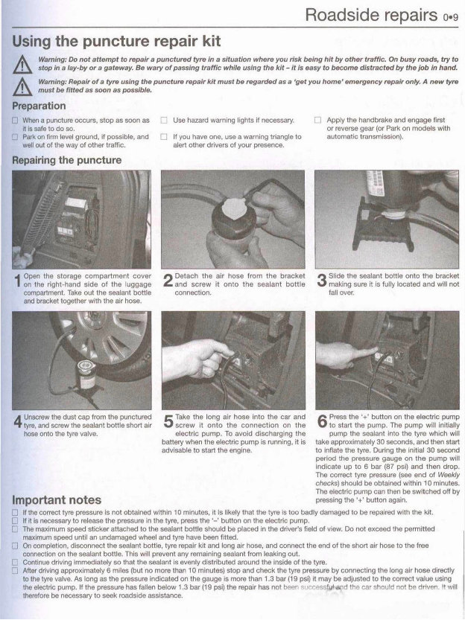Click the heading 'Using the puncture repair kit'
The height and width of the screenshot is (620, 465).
point(116,39)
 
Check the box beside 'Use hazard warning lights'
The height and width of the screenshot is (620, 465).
point(165,120)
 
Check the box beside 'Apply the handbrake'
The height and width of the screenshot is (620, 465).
point(317,120)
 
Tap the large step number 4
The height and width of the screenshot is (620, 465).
point(18,421)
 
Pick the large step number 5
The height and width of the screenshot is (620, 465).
point(168,421)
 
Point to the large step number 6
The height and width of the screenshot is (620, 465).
point(320,421)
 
